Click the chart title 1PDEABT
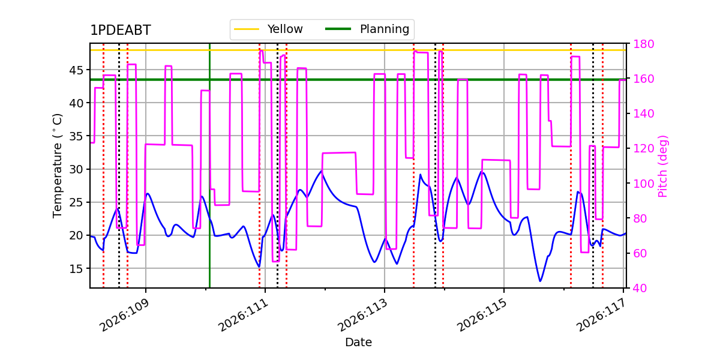[120, 30]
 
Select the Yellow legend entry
[268, 29]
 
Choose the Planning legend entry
[367, 29]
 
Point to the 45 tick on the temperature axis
[76, 70]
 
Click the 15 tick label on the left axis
[76, 268]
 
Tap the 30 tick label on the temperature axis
[76, 169]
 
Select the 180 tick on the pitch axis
[643, 44]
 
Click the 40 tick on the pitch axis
[640, 288]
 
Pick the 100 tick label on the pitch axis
[643, 184]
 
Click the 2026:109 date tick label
[124, 315]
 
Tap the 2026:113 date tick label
[363, 315]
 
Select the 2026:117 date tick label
[601, 315]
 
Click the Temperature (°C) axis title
[57, 166]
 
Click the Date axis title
[358, 342]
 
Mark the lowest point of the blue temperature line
[541, 281]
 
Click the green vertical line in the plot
[209, 166]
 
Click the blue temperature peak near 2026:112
[322, 170]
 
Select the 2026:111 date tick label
[244, 315]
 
